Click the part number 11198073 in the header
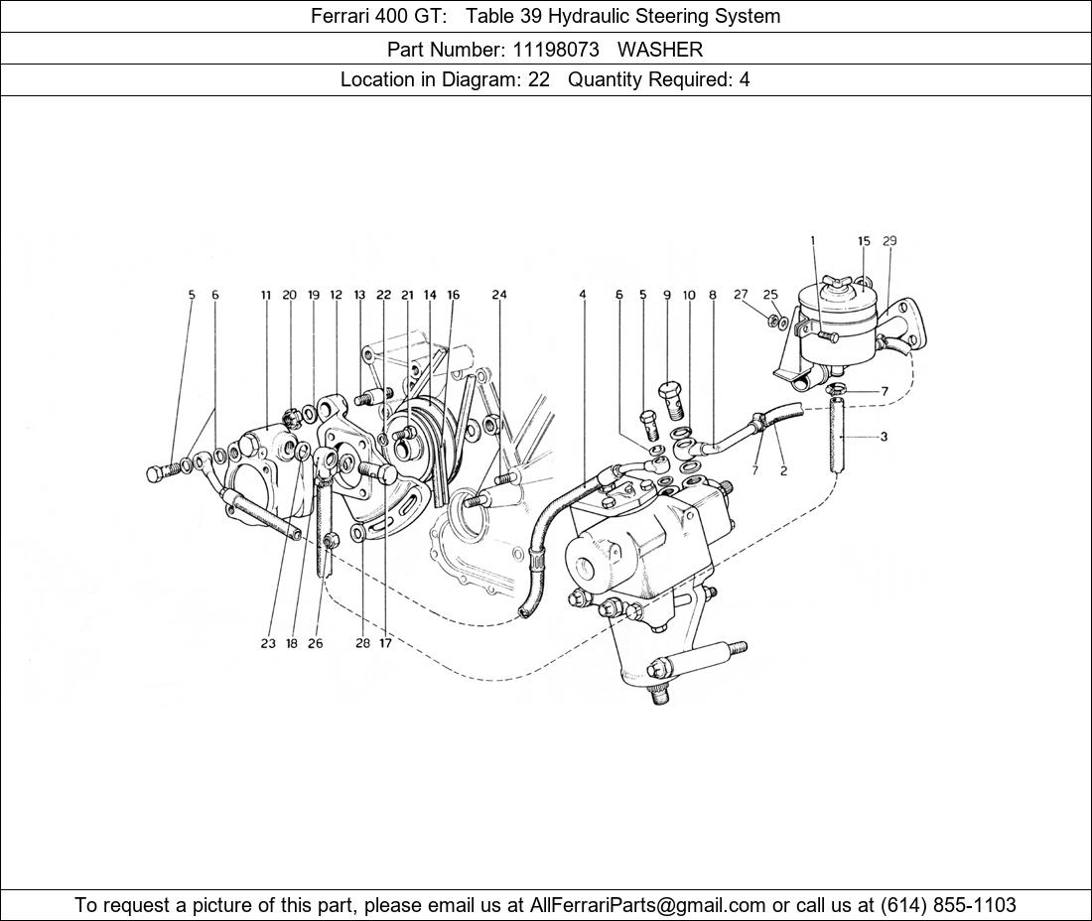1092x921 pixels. [x=556, y=50]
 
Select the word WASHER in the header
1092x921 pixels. [x=660, y=50]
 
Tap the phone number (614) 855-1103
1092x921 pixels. [x=948, y=905]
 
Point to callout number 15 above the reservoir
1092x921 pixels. [x=864, y=241]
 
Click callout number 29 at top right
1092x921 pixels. [x=889, y=241]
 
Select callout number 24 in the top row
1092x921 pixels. [x=499, y=295]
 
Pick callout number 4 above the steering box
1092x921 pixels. [x=582, y=295]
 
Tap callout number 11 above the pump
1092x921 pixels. [x=265, y=295]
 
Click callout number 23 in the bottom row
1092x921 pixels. [x=268, y=644]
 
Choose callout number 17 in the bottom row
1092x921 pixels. [x=385, y=644]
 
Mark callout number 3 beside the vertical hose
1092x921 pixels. [x=884, y=438]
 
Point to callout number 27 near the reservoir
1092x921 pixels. [x=741, y=295]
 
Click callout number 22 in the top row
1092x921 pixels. [x=384, y=295]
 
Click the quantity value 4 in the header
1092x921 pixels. [x=745, y=79]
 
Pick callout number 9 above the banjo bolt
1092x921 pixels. [x=666, y=295]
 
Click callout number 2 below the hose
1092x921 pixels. [x=783, y=470]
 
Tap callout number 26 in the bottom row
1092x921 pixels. [x=316, y=644]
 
